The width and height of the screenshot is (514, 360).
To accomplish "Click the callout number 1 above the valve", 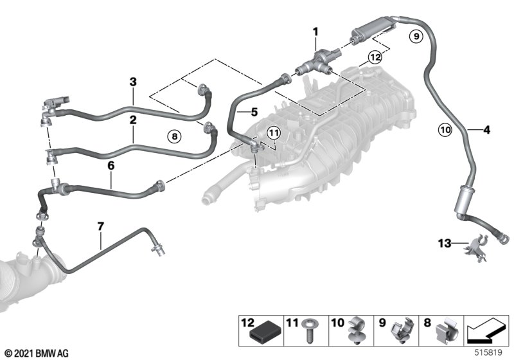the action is [315, 32].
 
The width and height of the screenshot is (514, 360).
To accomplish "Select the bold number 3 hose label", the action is [133, 82].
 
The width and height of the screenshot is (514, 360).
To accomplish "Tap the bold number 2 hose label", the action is [133, 120].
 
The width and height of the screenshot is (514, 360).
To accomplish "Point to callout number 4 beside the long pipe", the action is [487, 130].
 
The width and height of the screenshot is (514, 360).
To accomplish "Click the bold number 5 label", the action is [254, 113].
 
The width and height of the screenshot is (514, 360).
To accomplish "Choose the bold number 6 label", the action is [111, 166].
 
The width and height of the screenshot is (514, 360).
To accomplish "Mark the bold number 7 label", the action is [101, 226].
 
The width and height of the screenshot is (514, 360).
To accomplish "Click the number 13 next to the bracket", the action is [445, 243].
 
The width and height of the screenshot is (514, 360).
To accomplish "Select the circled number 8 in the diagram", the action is [174, 136].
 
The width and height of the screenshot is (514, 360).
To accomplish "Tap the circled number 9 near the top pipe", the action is [416, 36].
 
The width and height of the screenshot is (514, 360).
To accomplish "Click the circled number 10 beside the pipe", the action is [445, 130].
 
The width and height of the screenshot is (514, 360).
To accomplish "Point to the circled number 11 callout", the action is [274, 133].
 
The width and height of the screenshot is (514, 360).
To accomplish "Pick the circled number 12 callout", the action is [375, 57].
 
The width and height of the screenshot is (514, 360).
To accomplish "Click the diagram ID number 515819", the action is [488, 353].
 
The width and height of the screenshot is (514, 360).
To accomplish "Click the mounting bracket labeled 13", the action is [475, 248].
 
